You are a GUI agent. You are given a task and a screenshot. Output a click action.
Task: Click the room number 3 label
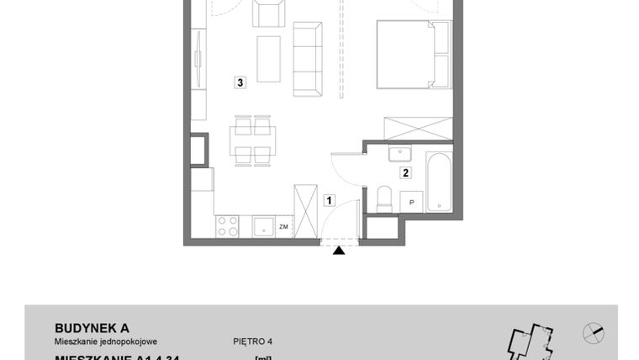(241, 82)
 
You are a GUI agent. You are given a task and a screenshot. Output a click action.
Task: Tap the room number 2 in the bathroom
(405, 173)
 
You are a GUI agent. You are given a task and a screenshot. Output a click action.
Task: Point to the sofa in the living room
(308, 59)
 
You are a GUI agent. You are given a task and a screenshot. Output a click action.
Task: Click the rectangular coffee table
(268, 58)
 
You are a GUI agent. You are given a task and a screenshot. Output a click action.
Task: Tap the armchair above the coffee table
(269, 13)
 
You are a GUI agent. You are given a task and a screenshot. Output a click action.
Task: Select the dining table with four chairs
(253, 140)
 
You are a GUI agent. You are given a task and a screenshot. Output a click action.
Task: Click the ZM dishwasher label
(284, 225)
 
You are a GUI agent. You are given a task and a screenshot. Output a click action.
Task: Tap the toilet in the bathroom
(383, 199)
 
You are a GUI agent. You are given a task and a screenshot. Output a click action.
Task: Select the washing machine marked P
(411, 201)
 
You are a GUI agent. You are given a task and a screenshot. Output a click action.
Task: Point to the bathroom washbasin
(399, 154)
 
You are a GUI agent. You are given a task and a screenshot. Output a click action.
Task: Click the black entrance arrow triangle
(339, 250)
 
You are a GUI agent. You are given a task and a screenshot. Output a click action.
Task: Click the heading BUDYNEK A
(92, 327)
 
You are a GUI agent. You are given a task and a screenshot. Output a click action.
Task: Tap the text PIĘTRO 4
(253, 341)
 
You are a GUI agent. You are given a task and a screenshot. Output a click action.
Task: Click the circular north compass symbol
(593, 333)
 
